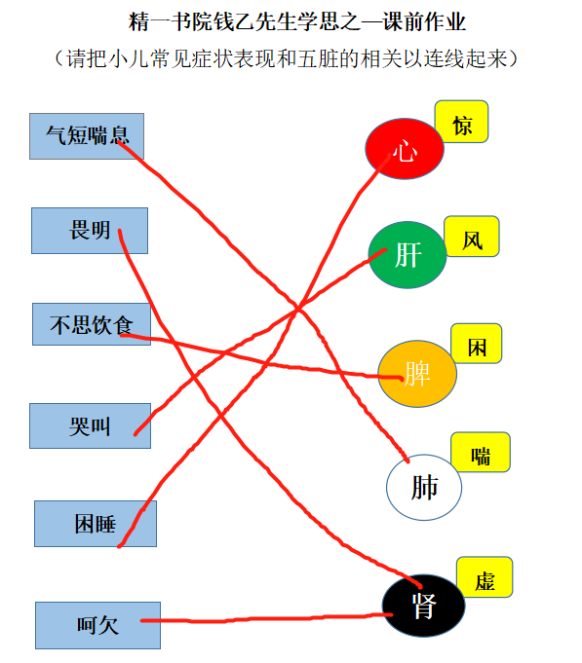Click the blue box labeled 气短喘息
coord(87,136)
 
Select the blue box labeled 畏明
coord(90,231)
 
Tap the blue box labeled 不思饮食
coord(92,324)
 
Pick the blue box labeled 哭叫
coord(90,425)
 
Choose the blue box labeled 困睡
coord(96,524)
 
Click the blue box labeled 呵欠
coord(97,625)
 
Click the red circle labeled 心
coord(405,149)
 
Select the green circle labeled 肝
coord(407,254)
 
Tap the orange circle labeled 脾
coord(417,374)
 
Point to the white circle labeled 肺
coord(424,487)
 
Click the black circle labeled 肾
coord(424,605)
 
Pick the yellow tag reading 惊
coord(461,122)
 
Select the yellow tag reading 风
coord(472,237)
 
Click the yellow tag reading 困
coord(477,344)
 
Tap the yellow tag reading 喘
coord(481,452)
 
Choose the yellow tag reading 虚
coord(485,576)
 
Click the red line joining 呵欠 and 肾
coord(267,618)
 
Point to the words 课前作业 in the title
coord(424,21)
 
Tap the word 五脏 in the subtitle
coord(318,58)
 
